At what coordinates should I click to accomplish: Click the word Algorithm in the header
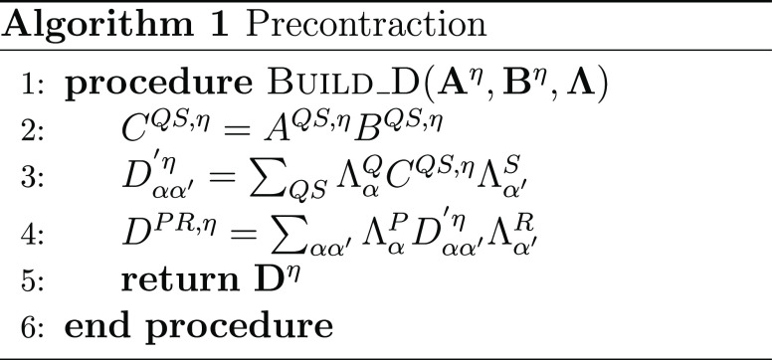click(x=96, y=24)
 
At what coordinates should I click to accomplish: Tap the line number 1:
click(x=33, y=85)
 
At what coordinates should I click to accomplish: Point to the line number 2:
click(x=33, y=131)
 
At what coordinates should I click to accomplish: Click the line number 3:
click(x=33, y=178)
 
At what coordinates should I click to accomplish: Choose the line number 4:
click(x=33, y=233)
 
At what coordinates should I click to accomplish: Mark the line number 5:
click(x=33, y=280)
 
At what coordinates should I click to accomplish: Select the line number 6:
click(x=33, y=326)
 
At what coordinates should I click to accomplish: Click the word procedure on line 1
click(x=158, y=85)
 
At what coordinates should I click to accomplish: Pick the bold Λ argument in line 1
click(x=581, y=84)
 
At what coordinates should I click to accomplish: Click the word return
click(x=180, y=279)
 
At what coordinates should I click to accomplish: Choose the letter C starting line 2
click(x=134, y=130)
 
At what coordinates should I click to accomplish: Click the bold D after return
click(x=271, y=279)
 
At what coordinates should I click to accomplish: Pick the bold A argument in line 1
click(x=454, y=84)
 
